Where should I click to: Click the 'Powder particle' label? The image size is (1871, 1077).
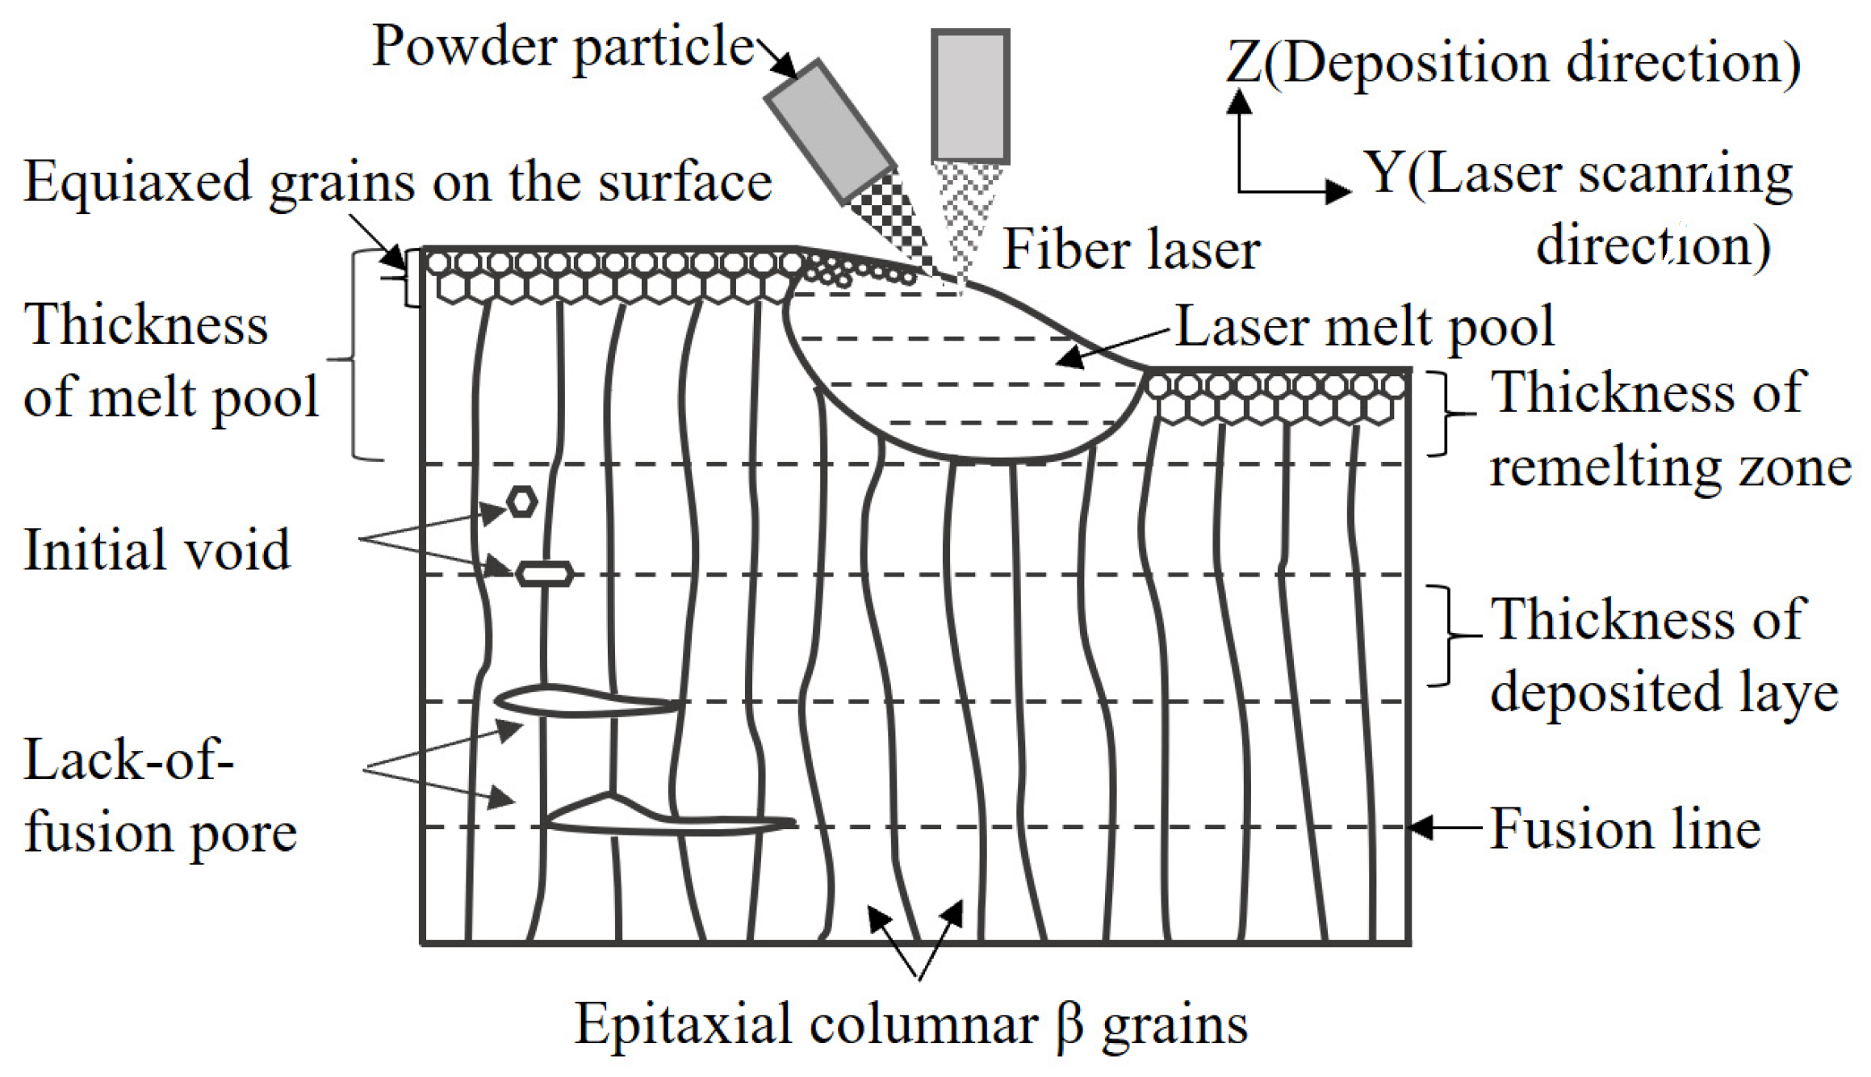coord(563,47)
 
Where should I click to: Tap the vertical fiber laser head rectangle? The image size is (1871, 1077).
coord(970,96)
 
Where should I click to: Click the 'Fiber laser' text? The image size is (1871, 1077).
coord(1131,249)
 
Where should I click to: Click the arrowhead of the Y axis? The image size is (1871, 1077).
coord(1339,191)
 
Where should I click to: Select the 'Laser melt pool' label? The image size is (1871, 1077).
coord(1364,326)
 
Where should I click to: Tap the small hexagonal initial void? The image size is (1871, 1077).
coord(522,502)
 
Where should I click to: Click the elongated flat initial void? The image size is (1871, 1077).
coord(545,574)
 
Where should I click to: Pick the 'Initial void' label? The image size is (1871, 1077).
coord(157,550)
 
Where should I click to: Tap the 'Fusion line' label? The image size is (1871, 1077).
coord(1625,829)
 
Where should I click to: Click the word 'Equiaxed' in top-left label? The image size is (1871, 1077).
coord(137,182)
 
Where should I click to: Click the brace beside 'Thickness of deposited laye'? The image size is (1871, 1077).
coord(1446,635)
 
